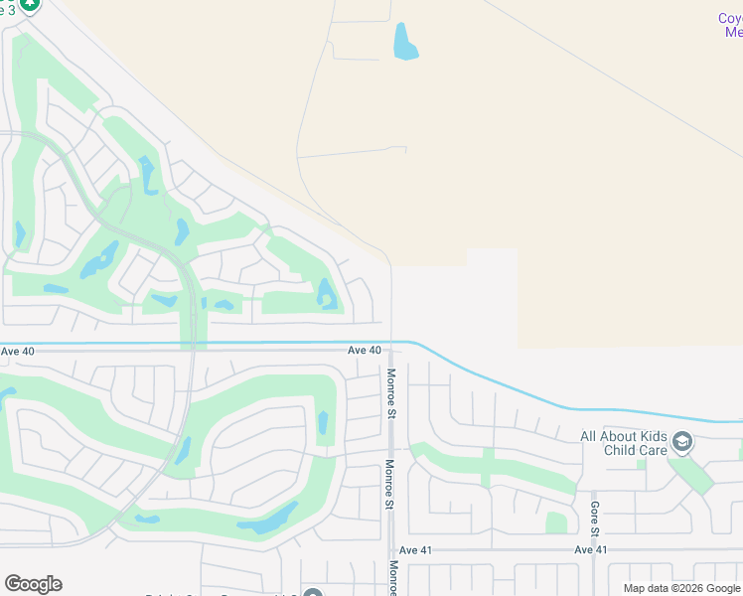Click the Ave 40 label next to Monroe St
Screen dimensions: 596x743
click(x=365, y=351)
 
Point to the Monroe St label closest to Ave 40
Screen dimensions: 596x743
click(x=391, y=393)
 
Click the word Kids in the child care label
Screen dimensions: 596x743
click(x=651, y=436)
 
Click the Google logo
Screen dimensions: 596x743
click(x=33, y=584)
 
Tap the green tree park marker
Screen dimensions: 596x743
click(x=31, y=5)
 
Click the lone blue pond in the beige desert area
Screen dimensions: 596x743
click(x=404, y=42)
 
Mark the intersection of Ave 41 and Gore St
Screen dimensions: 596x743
click(x=593, y=549)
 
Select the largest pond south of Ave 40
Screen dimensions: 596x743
click(x=269, y=519)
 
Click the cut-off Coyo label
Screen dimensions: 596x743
click(x=730, y=18)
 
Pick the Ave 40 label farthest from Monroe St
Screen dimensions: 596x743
click(x=18, y=351)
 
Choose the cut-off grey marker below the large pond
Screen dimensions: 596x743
click(x=313, y=592)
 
